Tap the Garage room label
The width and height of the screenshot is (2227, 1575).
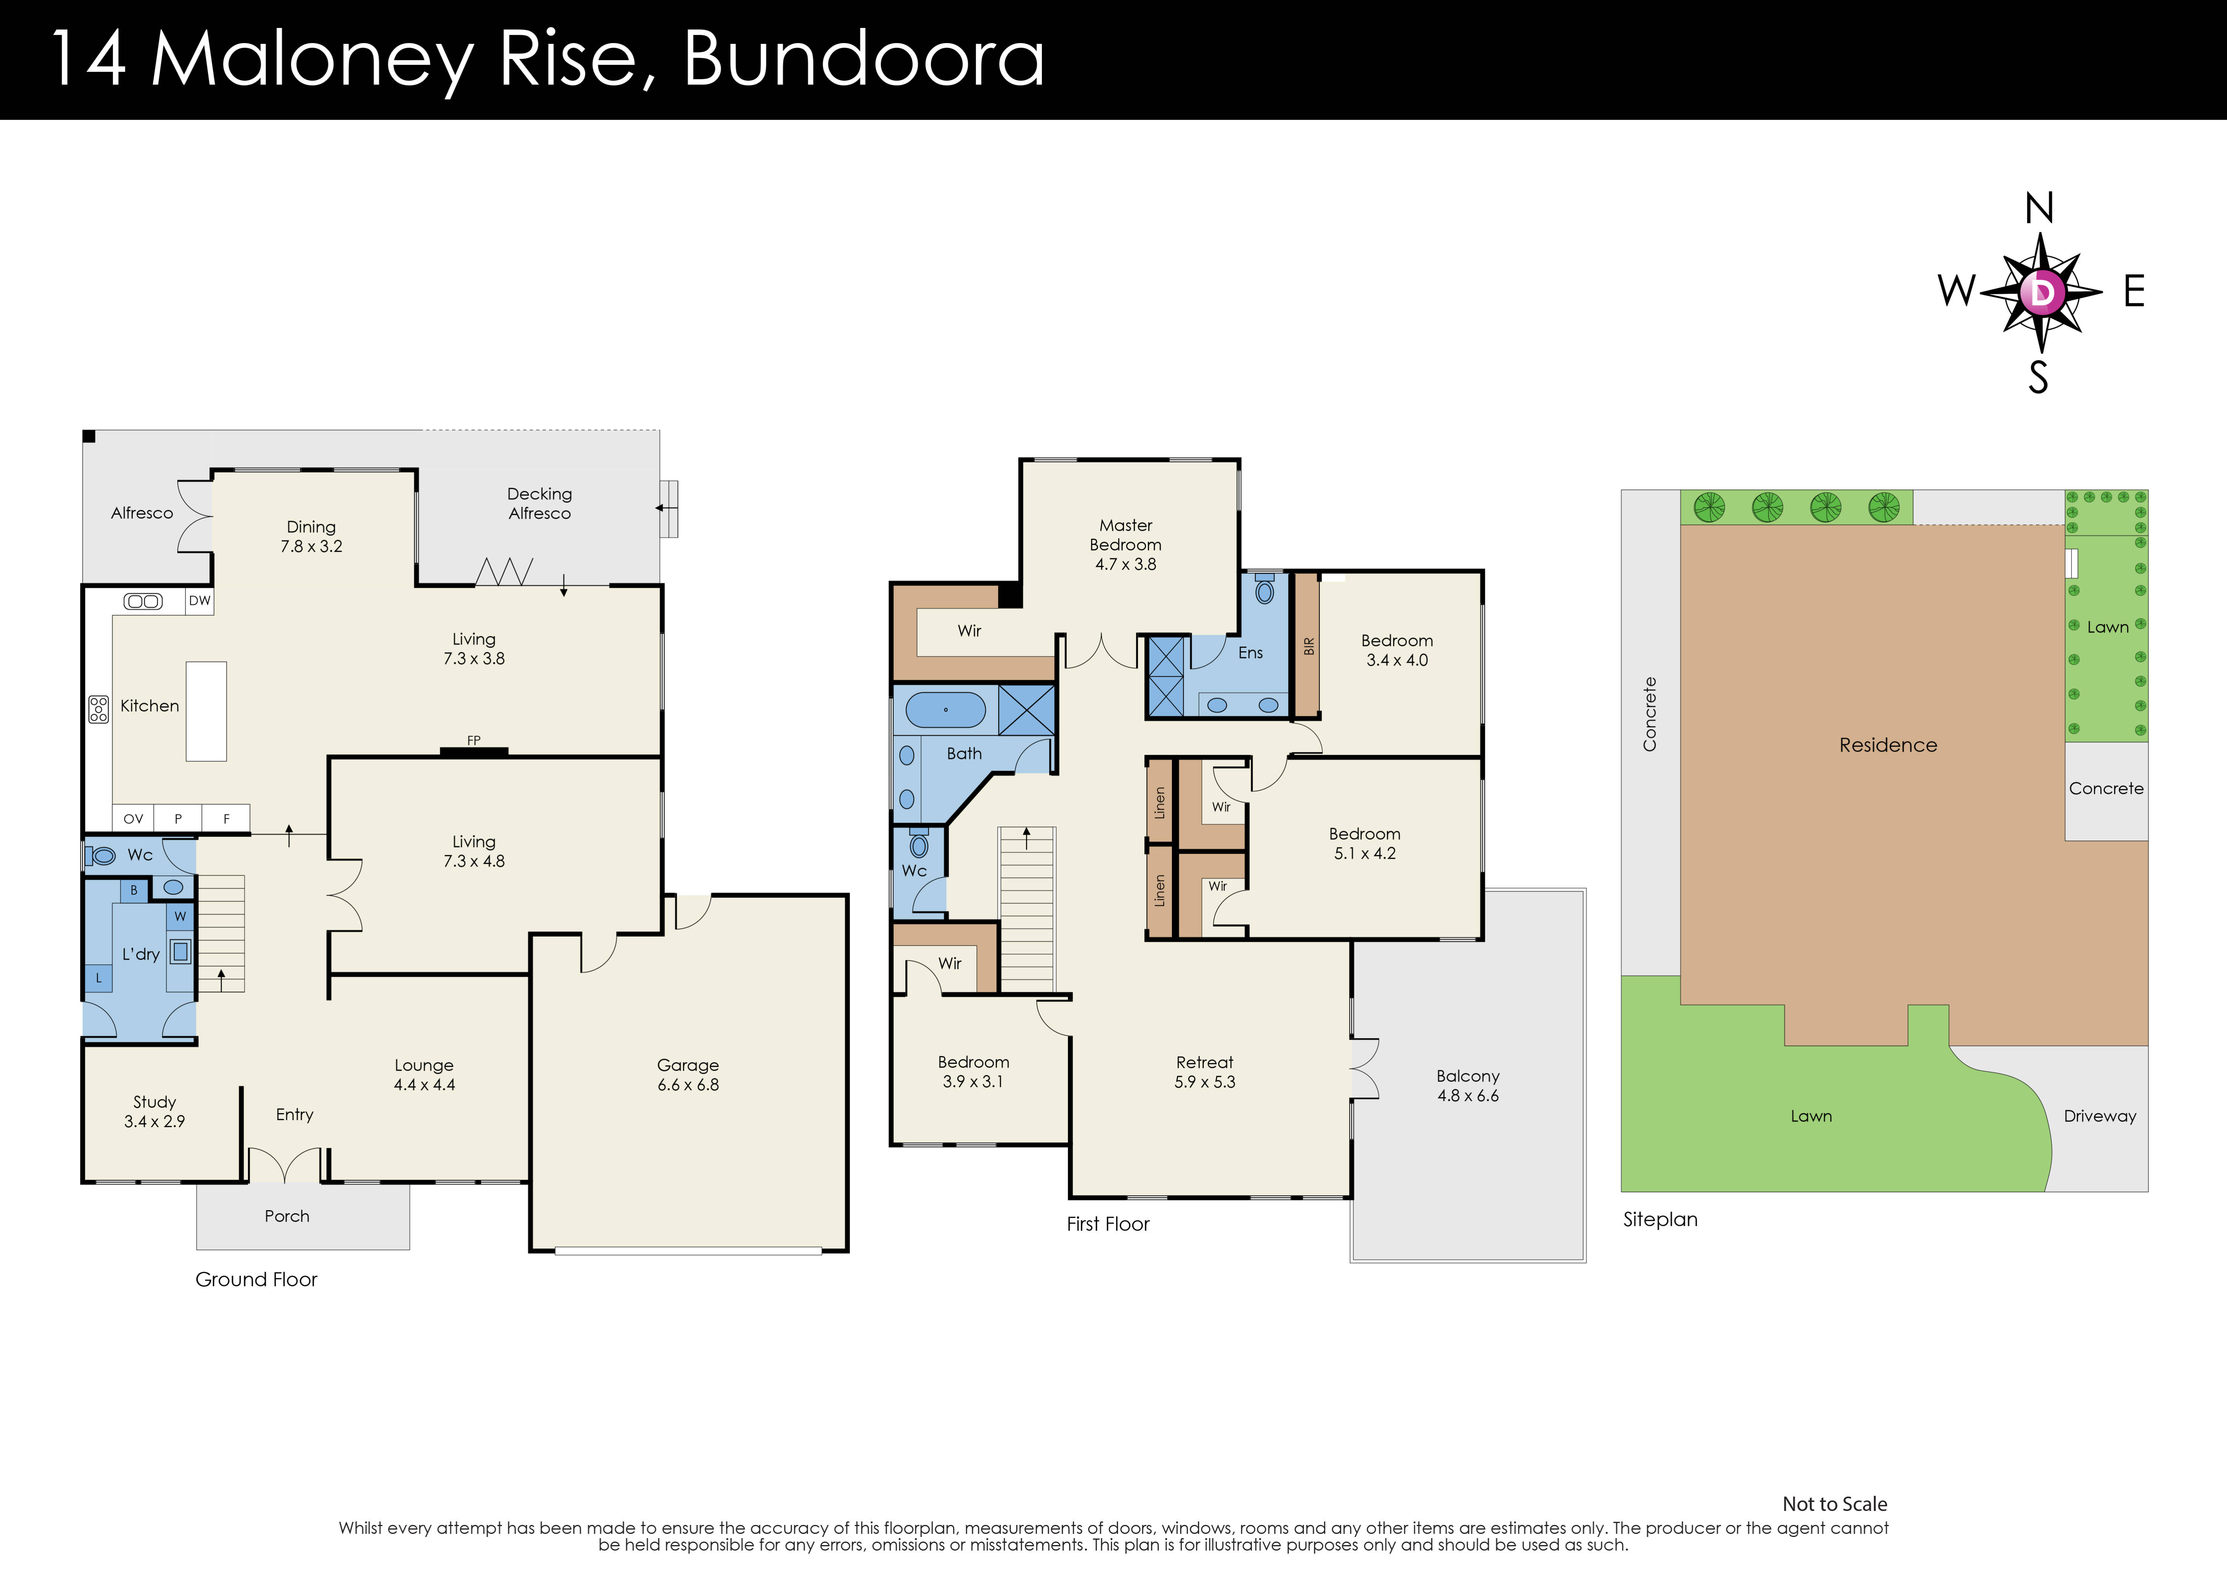pyautogui.click(x=688, y=1075)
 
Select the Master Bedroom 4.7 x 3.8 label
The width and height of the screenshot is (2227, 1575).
pyautogui.click(x=1125, y=544)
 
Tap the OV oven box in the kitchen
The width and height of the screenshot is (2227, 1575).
pyautogui.click(x=134, y=818)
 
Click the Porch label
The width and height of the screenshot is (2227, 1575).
pyautogui.click(x=287, y=1216)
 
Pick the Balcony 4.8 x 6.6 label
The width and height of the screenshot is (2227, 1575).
pyautogui.click(x=1468, y=1085)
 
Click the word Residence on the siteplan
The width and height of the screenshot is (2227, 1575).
pyautogui.click(x=1887, y=745)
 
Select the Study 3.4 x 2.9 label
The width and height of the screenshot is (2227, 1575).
pyautogui.click(x=154, y=1111)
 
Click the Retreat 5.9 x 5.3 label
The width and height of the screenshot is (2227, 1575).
pyautogui.click(x=1205, y=1071)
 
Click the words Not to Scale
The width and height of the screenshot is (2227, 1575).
pyautogui.click(x=1834, y=1504)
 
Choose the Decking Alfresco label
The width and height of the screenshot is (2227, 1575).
pyautogui.click(x=539, y=504)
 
